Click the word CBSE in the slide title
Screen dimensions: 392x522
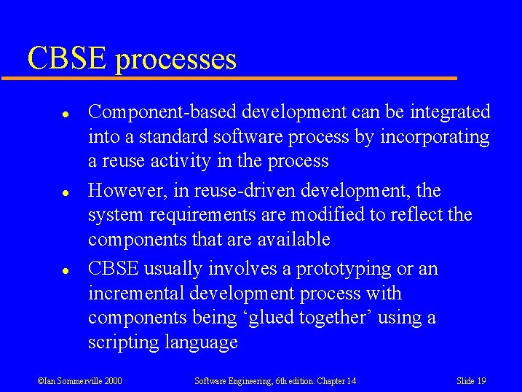pyautogui.click(x=67, y=58)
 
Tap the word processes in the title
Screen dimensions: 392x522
pyautogui.click(x=175, y=60)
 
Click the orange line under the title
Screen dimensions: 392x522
pyautogui.click(x=240, y=77)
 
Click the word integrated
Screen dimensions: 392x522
pyautogui.click(x=450, y=112)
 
